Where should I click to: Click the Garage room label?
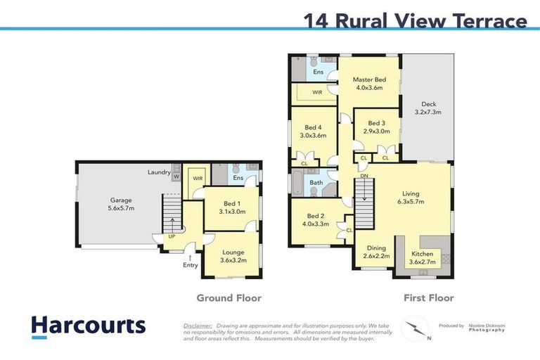(122, 199)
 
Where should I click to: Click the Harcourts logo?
(88, 326)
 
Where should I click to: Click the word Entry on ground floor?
(191, 265)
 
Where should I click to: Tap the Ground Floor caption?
(229, 298)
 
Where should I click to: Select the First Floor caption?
(428, 298)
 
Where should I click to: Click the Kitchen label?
(423, 254)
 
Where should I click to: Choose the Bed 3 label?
(377, 123)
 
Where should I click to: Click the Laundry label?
(160, 172)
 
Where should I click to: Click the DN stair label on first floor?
(365, 176)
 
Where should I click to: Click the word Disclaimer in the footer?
(198, 326)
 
